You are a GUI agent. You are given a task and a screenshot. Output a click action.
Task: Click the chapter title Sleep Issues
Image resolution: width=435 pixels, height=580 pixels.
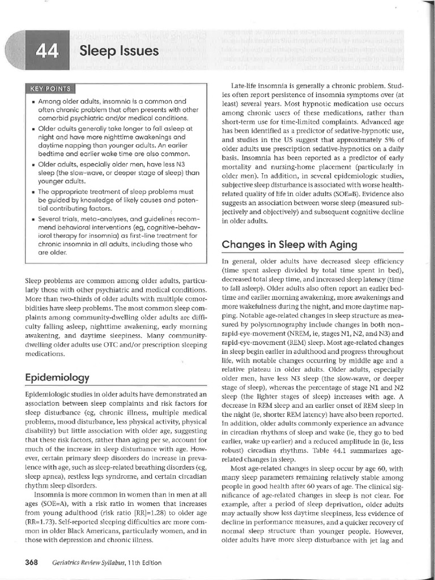[x=119, y=52]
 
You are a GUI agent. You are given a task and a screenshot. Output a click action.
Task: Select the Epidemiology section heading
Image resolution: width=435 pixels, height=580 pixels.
[x=57, y=377]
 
